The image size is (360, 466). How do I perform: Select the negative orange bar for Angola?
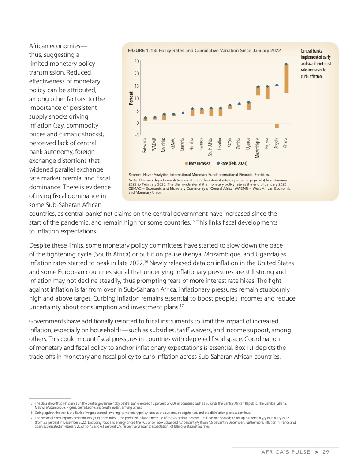(x=277, y=126)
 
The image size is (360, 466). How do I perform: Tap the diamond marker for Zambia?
(x=239, y=104)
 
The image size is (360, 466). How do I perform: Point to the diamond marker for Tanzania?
(x=183, y=113)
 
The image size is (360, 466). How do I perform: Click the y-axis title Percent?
(x=131, y=98)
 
